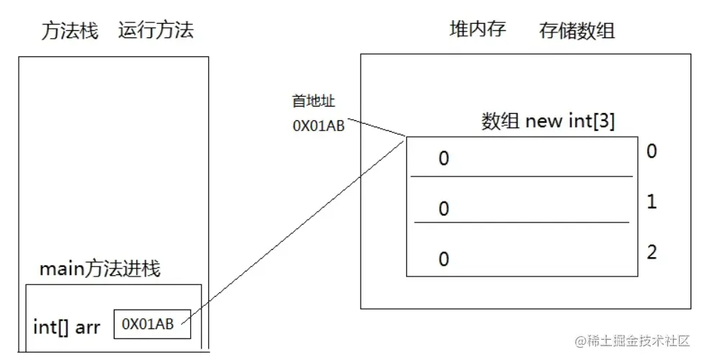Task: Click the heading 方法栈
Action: click(69, 31)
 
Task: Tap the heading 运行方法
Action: click(156, 31)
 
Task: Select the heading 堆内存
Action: click(477, 30)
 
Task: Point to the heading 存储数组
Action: click(577, 31)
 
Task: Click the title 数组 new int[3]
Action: click(547, 121)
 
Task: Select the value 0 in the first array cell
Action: click(444, 158)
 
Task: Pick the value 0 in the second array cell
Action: click(444, 209)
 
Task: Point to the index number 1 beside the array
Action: click(652, 202)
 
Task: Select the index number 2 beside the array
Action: click(652, 253)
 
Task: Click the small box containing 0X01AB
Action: click(152, 324)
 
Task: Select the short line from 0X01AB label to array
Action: click(378, 128)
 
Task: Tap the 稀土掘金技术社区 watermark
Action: click(631, 339)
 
